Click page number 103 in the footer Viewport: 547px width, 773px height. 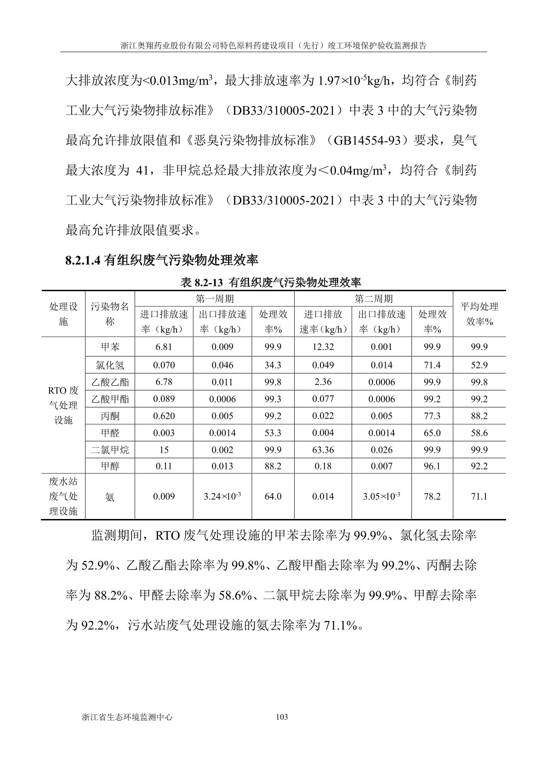click(x=281, y=717)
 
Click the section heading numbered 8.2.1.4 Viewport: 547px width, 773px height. click(x=162, y=261)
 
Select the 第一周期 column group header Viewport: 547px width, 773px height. click(x=214, y=299)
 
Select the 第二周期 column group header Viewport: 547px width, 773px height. click(x=373, y=299)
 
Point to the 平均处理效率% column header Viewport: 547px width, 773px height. click(x=479, y=314)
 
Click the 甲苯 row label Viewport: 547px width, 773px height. click(x=110, y=347)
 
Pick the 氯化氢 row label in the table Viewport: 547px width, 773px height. click(x=110, y=365)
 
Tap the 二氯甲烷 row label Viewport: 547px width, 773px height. click(x=110, y=450)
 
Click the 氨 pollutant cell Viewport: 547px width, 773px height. click(x=110, y=497)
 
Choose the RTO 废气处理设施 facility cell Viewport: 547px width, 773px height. click(x=63, y=405)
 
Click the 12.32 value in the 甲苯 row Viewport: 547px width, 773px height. click(x=323, y=347)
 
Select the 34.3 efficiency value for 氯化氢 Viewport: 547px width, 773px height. click(x=273, y=365)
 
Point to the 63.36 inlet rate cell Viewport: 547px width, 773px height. click(x=323, y=450)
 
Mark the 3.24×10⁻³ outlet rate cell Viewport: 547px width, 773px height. click(x=222, y=497)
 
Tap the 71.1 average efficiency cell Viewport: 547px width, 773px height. click(x=479, y=497)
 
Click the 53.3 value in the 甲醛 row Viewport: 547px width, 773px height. click(x=273, y=433)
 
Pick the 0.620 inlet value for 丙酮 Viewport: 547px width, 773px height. click(x=164, y=416)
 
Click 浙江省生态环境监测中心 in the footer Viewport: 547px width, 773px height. click(x=127, y=717)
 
